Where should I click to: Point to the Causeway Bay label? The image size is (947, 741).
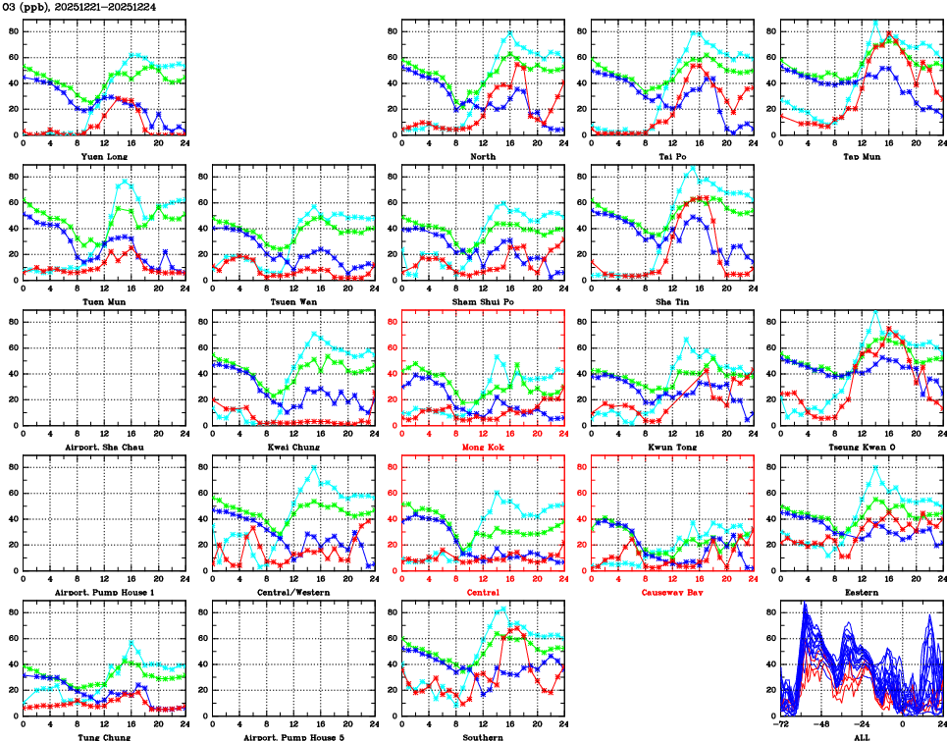tap(672, 592)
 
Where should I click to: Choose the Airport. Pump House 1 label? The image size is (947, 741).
tap(103, 592)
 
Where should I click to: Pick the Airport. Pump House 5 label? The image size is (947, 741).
tap(293, 736)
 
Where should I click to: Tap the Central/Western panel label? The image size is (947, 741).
tap(293, 592)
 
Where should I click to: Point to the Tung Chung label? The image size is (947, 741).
tap(103, 736)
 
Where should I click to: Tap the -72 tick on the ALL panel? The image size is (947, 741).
tap(782, 724)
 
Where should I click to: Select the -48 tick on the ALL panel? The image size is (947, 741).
tap(822, 724)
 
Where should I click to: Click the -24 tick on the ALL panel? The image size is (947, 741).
tap(863, 724)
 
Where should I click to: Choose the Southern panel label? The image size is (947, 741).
tap(483, 736)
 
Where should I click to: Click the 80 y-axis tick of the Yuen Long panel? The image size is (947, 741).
tap(13, 31)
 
